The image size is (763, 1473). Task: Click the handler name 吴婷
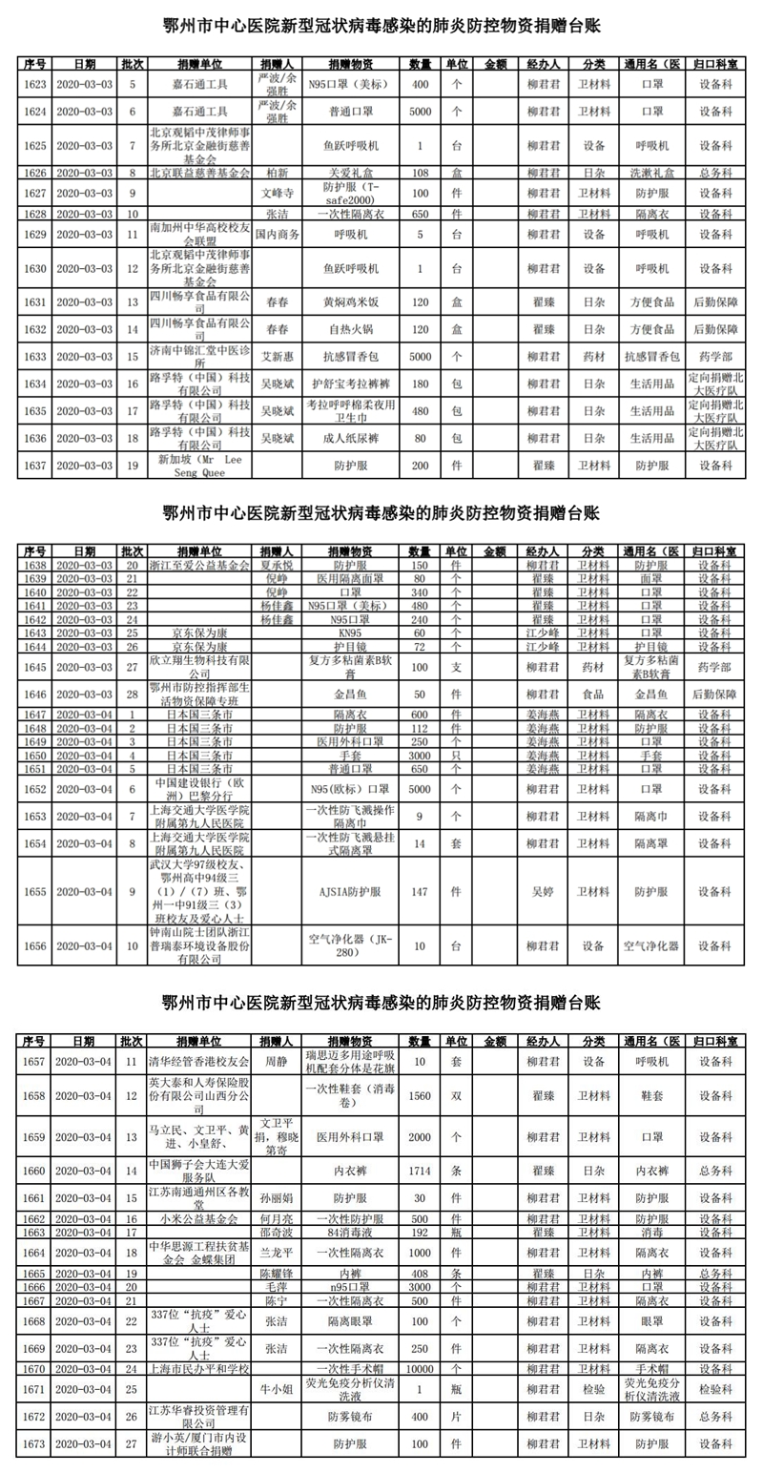point(541,891)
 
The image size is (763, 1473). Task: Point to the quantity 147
point(420,891)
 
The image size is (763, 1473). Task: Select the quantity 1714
point(420,1169)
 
